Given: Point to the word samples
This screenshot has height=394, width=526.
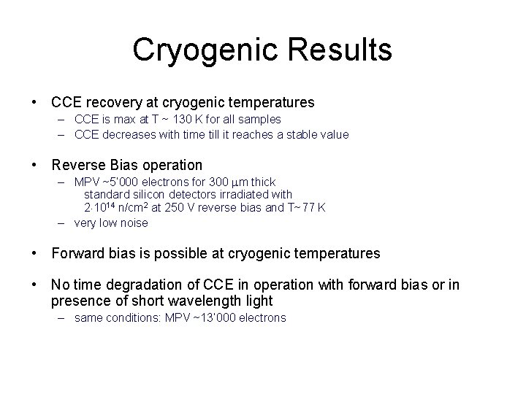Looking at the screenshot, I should pyautogui.click(x=261, y=119).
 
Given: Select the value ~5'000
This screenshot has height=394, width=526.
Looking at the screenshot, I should pyautogui.click(x=120, y=182).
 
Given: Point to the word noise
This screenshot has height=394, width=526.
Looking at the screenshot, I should pyautogui.click(x=134, y=223).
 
